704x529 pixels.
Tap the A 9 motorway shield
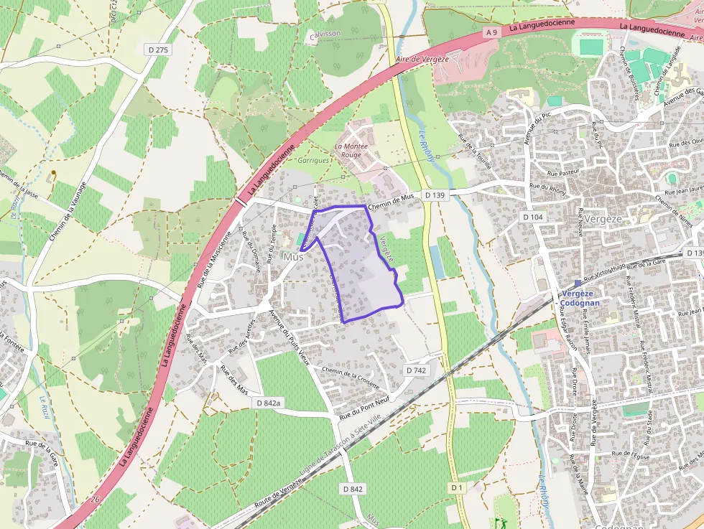pyautogui.click(x=491, y=32)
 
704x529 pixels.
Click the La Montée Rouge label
pyautogui.click(x=351, y=150)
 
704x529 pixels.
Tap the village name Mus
pyautogui.click(x=293, y=257)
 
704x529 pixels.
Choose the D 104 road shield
pyautogui.click(x=533, y=217)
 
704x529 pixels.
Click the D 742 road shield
pyautogui.click(x=416, y=370)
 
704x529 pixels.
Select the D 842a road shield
pyautogui.click(x=268, y=403)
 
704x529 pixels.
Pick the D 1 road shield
pyautogui.click(x=457, y=487)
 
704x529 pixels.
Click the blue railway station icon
pyautogui.click(x=578, y=284)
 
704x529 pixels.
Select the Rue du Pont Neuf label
pyautogui.click(x=364, y=410)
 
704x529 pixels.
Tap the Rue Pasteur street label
pyautogui.click(x=563, y=173)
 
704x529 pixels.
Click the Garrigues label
pyautogui.click(x=314, y=161)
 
